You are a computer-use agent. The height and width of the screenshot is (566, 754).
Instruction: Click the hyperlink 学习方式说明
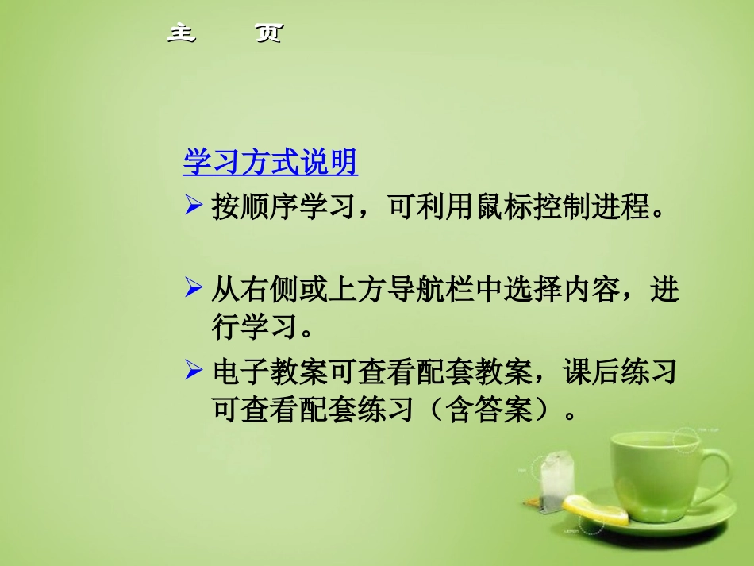click(x=271, y=163)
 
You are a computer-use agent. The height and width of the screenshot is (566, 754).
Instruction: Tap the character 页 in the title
click(x=268, y=33)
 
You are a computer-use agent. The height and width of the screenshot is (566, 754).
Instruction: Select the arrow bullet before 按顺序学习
click(x=194, y=207)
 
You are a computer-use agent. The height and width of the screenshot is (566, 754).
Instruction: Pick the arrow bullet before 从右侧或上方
click(x=194, y=288)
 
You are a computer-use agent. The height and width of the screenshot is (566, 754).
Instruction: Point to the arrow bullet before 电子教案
click(x=194, y=370)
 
